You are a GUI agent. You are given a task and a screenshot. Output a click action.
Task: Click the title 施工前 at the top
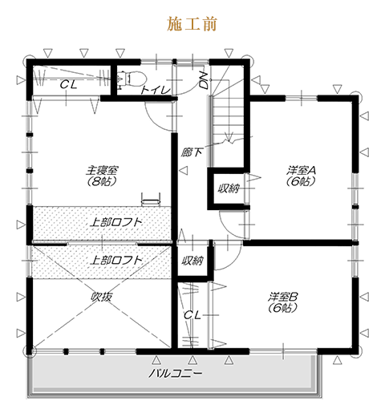pyautogui.click(x=192, y=24)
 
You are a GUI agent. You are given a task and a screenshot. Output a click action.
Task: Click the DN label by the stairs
pyautogui.click(x=204, y=80)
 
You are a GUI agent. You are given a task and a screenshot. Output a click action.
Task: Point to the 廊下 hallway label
pyautogui.click(x=191, y=152)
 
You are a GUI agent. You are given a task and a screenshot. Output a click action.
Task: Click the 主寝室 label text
pyautogui.click(x=102, y=170)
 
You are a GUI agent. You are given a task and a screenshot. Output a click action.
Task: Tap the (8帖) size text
pyautogui.click(x=102, y=182)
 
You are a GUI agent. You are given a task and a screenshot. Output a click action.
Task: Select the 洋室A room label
pyautogui.click(x=301, y=170)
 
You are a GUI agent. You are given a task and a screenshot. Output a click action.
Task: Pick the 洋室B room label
pyautogui.click(x=283, y=297)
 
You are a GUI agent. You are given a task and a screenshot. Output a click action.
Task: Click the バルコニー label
pyautogui.click(x=175, y=373)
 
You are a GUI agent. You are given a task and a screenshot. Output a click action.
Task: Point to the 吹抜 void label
pyautogui.click(x=102, y=297)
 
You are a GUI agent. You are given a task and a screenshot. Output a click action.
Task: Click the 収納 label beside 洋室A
pyautogui.click(x=229, y=188)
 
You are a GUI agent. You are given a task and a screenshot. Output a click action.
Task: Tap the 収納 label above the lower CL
pyautogui.click(x=192, y=261)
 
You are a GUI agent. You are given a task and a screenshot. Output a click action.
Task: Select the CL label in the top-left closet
pyautogui.click(x=68, y=85)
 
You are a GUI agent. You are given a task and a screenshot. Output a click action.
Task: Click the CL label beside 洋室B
pyautogui.click(x=192, y=315)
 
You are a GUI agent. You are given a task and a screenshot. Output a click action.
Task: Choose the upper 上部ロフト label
pyautogui.click(x=115, y=222)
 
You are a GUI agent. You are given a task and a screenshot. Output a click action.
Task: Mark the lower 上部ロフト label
pyautogui.click(x=115, y=260)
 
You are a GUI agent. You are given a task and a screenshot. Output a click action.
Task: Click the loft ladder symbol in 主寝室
pyautogui.click(x=151, y=199)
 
